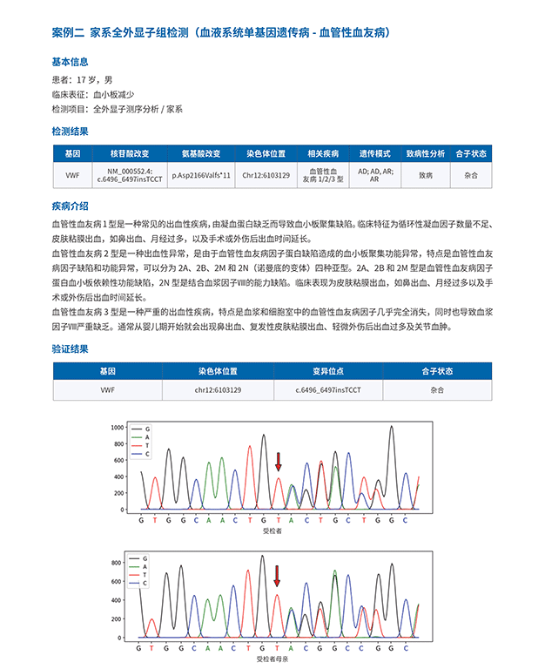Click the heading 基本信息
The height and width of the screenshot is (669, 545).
click(x=70, y=62)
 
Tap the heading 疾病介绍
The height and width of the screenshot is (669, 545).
click(x=70, y=206)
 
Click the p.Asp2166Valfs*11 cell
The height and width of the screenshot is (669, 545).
click(x=201, y=174)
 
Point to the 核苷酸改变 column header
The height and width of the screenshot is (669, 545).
click(x=130, y=152)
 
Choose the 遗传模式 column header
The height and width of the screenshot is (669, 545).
click(x=375, y=152)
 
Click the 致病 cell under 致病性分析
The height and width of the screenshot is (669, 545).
click(x=425, y=174)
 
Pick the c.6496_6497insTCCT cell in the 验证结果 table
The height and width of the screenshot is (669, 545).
click(x=328, y=390)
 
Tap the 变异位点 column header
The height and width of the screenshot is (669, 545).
click(x=328, y=370)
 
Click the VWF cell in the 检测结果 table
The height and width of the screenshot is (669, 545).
click(x=73, y=174)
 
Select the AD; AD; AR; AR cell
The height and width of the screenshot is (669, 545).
click(x=375, y=174)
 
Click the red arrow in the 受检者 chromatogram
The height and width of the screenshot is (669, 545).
click(x=278, y=461)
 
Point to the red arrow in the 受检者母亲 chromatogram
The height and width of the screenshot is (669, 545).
click(x=277, y=576)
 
